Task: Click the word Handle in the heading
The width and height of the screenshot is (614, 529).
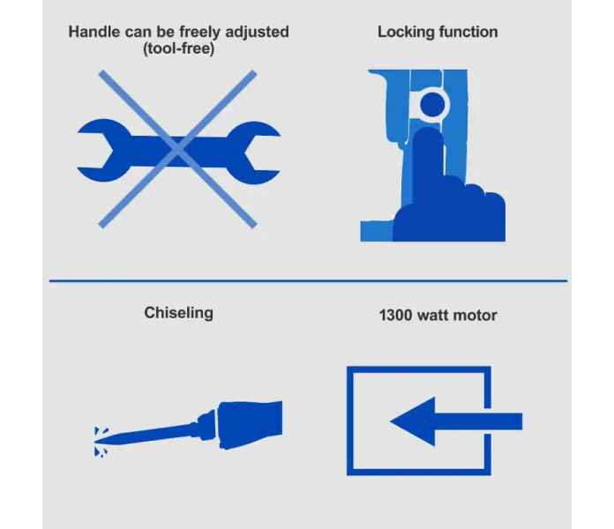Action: (x=94, y=32)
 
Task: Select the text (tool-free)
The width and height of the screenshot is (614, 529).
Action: (x=178, y=48)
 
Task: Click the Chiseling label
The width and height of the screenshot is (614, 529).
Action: (x=178, y=313)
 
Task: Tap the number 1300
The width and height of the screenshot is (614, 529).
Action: (x=395, y=316)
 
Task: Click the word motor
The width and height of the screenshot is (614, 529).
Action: (x=476, y=316)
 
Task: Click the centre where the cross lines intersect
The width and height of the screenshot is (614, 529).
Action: (x=178, y=149)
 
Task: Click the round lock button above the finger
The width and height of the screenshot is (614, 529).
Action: (x=432, y=104)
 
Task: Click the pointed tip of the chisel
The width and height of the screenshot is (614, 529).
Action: (x=95, y=442)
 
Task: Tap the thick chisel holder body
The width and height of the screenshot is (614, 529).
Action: (x=251, y=425)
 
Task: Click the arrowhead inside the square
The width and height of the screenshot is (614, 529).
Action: (x=413, y=421)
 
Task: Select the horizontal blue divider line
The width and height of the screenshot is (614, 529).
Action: (x=308, y=280)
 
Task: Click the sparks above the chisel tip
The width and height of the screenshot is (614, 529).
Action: (x=101, y=431)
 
